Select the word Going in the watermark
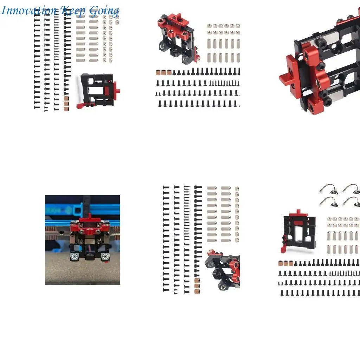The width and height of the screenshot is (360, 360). pyautogui.click(x=103, y=11)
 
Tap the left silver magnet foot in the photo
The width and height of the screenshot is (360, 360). pyautogui.click(x=74, y=257)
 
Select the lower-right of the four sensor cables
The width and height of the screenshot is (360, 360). pyautogui.click(x=351, y=202)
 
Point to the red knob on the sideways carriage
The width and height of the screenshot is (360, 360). pyautogui.click(x=118, y=91)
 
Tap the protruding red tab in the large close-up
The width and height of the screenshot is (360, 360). pyautogui.click(x=285, y=77)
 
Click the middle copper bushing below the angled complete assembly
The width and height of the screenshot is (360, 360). pyautogui.click(x=164, y=73)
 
